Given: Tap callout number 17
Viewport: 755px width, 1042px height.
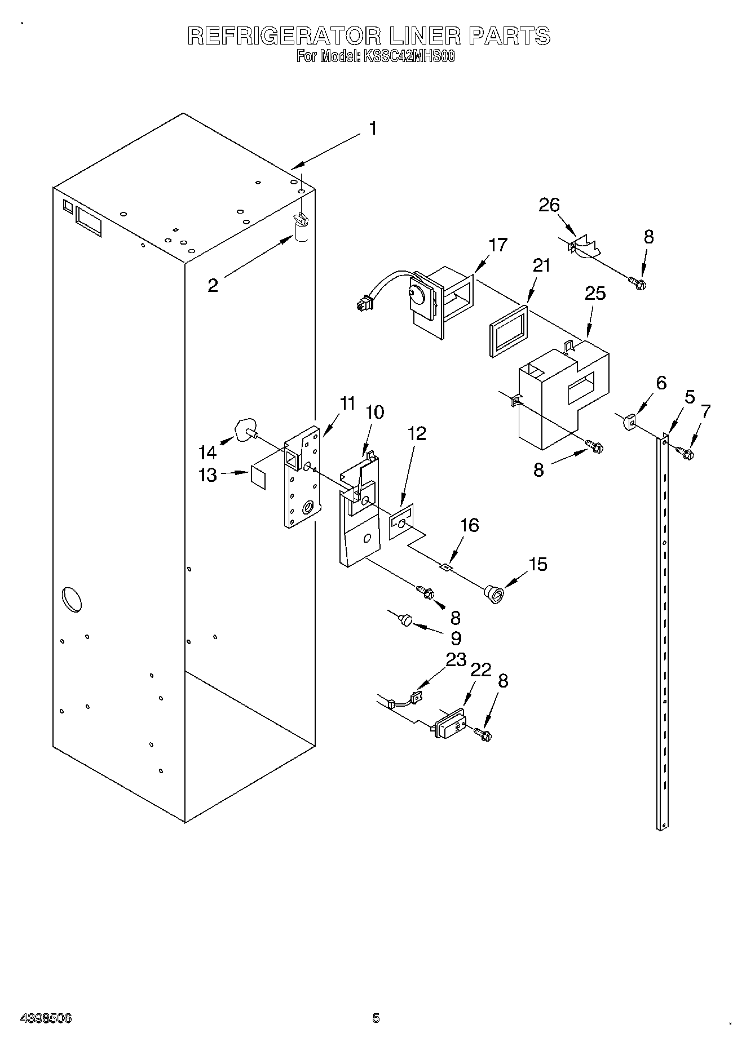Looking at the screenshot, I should click(498, 245).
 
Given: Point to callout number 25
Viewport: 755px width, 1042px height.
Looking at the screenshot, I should click(595, 294).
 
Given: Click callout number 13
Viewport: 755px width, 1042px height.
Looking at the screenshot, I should click(207, 475).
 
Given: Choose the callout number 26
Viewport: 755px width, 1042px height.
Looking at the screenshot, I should click(549, 205).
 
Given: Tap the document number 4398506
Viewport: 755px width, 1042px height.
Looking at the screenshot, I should click(46, 1018).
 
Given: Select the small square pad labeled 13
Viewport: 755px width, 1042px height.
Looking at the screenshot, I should click(258, 477).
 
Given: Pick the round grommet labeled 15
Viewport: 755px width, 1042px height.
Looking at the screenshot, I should click(494, 594).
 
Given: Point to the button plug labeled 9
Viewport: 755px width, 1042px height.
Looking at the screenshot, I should click(405, 620).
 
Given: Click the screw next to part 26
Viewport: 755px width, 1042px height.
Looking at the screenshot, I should click(638, 283).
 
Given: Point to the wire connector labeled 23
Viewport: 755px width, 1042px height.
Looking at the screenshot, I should click(417, 697).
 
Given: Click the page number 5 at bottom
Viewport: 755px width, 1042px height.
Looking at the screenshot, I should click(376, 1018).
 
